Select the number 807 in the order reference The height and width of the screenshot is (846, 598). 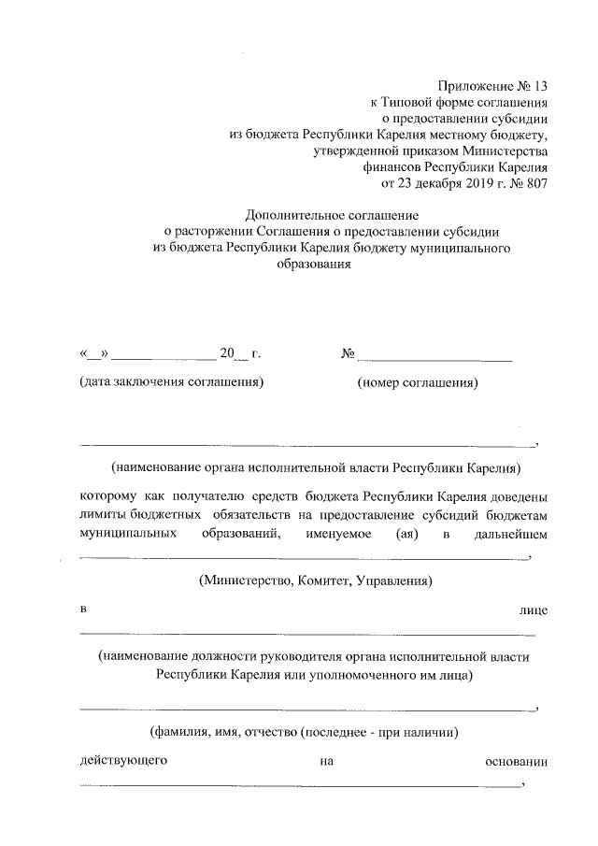534,183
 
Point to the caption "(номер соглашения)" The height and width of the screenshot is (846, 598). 418,382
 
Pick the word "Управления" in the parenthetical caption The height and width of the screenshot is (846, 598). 392,581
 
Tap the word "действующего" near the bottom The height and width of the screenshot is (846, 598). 123,761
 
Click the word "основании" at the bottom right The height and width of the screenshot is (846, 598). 517,761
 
